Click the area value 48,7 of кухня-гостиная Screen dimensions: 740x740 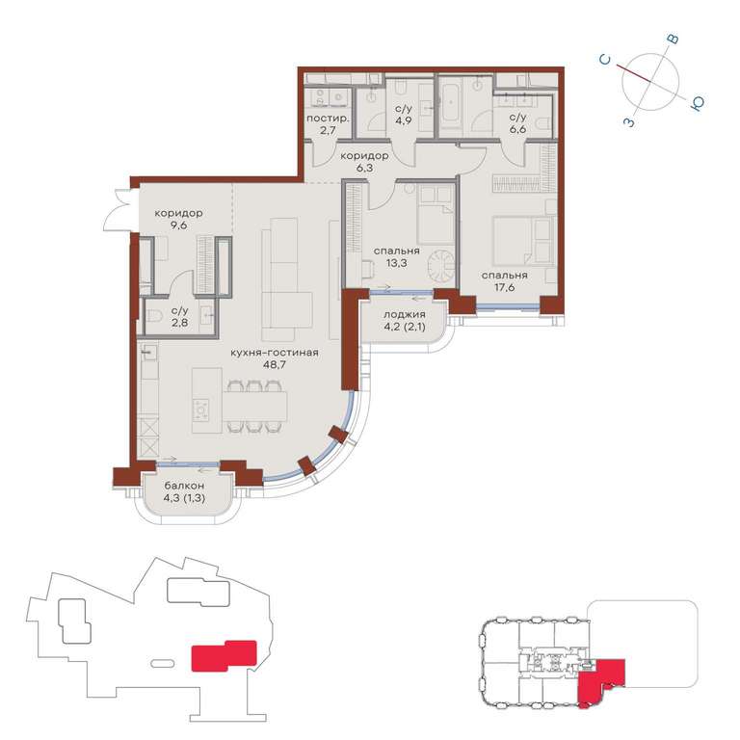coord(274,364)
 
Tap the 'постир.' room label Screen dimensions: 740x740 coord(328,118)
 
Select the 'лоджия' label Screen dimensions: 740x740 coord(405,314)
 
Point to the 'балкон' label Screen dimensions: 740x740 coord(184,486)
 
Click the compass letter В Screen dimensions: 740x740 coord(673,40)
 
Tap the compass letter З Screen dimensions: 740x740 coord(629,122)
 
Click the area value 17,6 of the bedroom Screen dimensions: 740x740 coord(505,287)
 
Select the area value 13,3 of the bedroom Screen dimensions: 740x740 coord(396,263)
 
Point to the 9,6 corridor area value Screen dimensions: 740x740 coord(178,225)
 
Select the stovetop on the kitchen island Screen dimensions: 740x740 coord(201,410)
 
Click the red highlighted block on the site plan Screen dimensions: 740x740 coord(224,655)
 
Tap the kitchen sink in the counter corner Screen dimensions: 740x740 coord(149,352)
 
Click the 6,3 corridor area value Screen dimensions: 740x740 coord(365,168)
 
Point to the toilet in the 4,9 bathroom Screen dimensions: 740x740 coord(402,88)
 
